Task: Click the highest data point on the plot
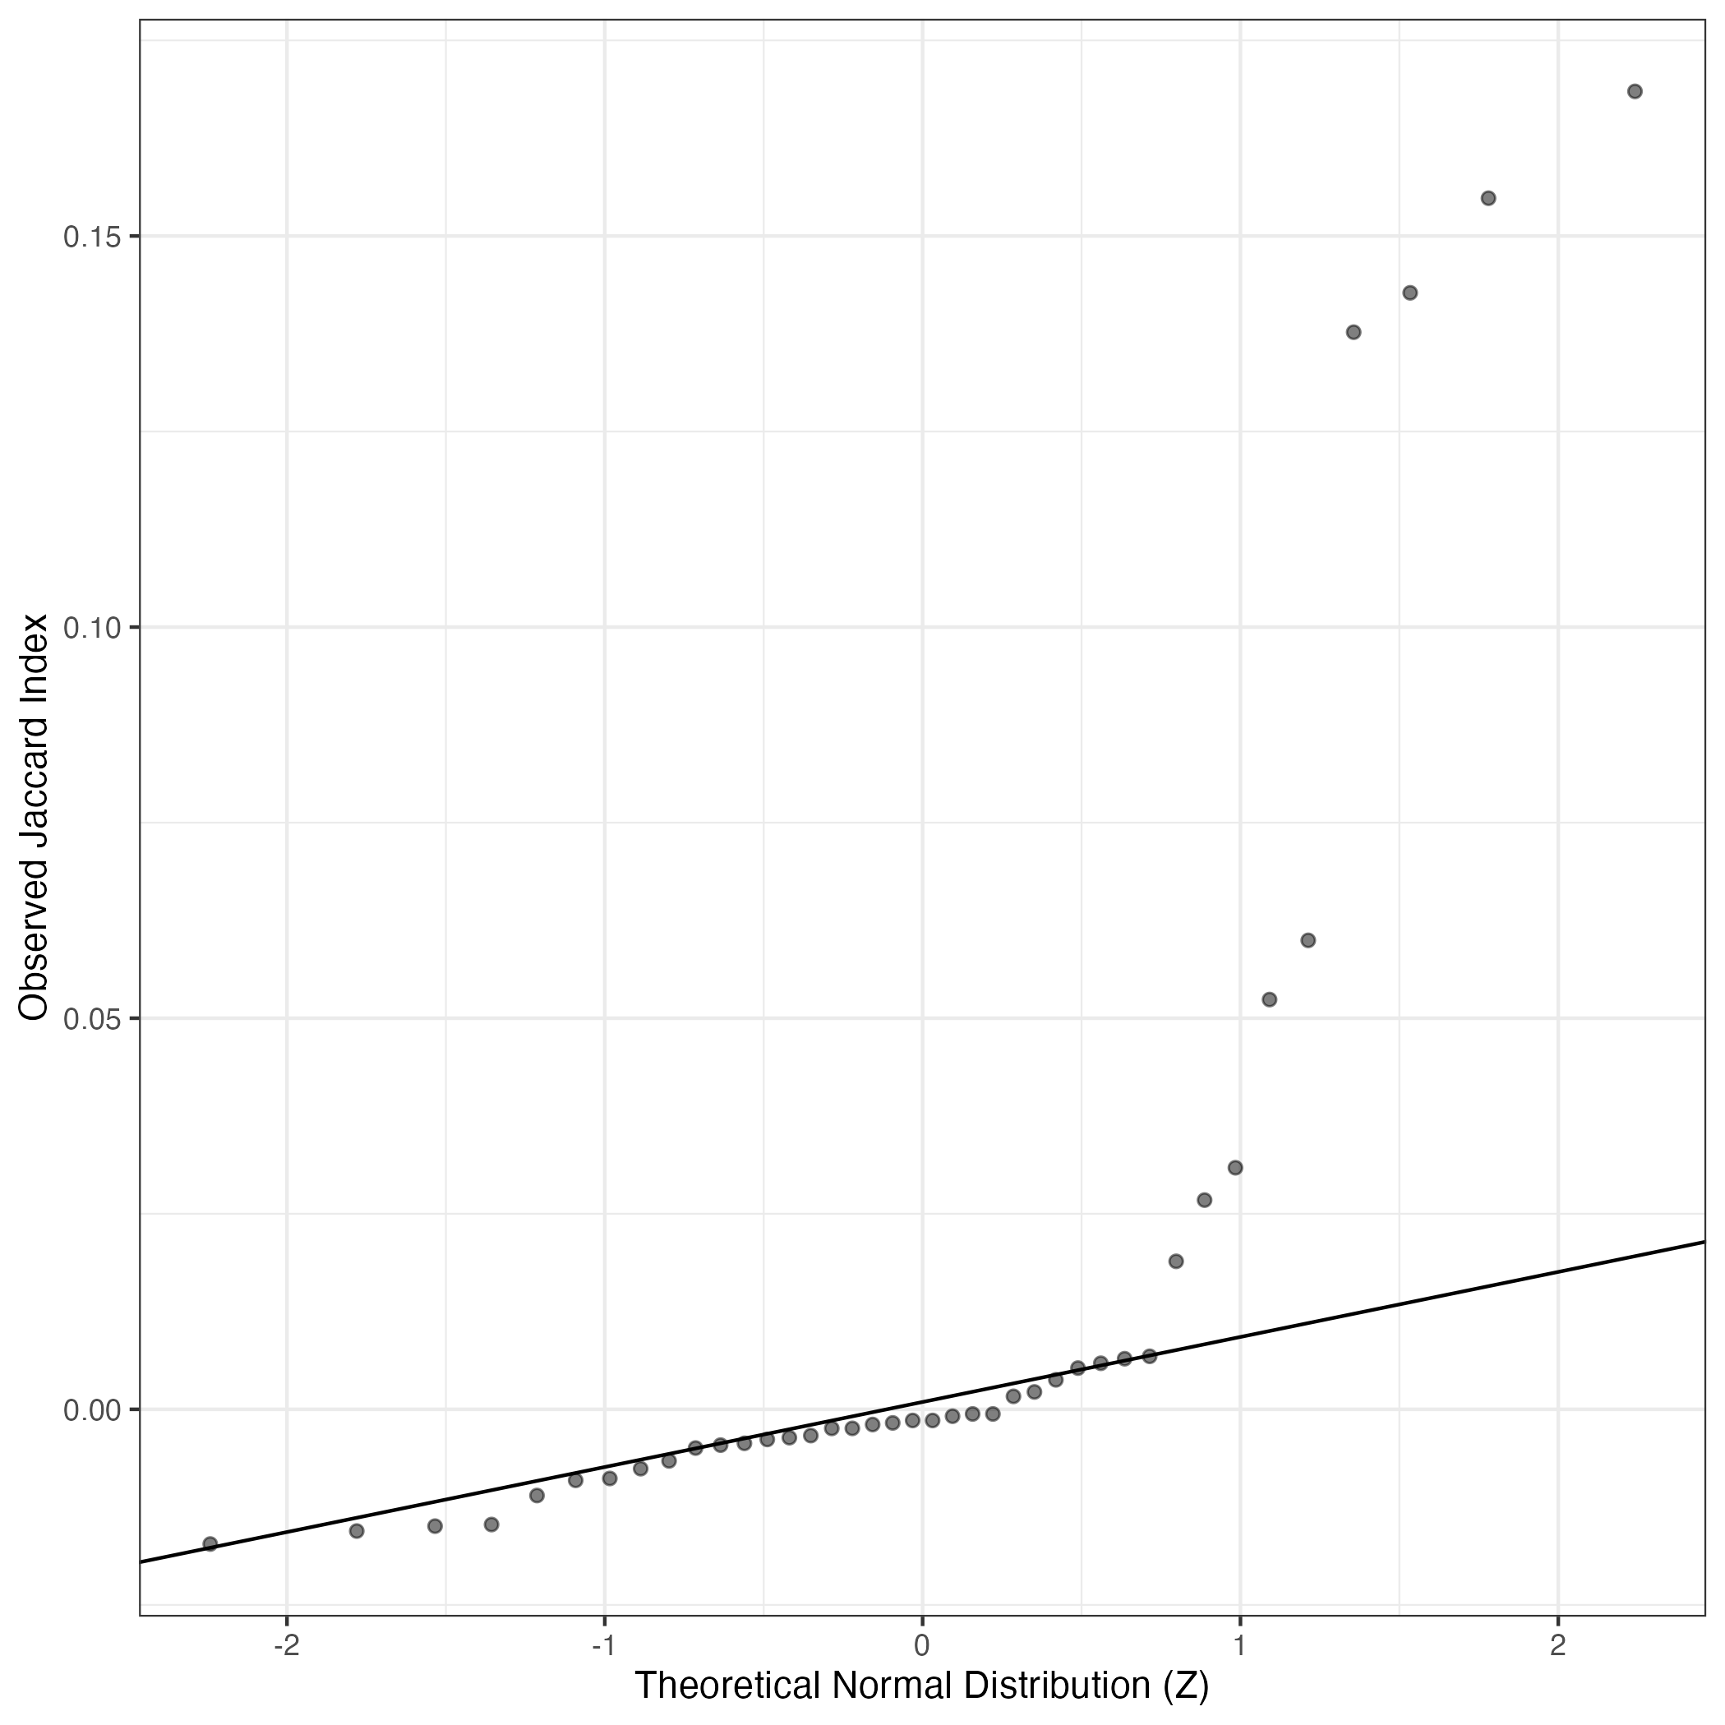[1635, 91]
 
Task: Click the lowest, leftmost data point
[210, 1543]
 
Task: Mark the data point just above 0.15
[1488, 198]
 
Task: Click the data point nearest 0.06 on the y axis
[1308, 940]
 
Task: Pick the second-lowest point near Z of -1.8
[356, 1531]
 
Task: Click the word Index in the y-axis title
[34, 653]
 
